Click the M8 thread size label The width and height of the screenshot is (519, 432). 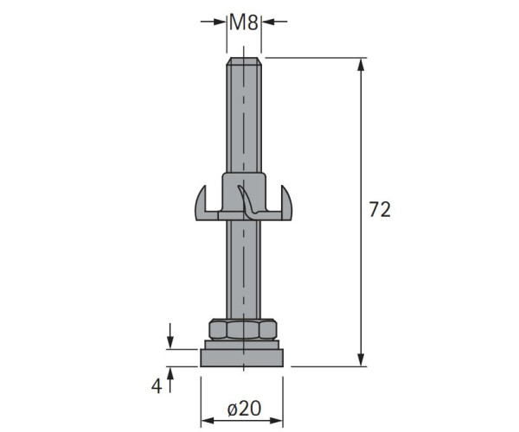click(x=244, y=22)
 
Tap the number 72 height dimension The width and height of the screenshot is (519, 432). click(x=380, y=209)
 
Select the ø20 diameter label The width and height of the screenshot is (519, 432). click(x=244, y=409)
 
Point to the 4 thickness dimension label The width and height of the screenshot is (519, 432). click(x=157, y=385)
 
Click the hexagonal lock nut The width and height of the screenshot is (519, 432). click(x=243, y=329)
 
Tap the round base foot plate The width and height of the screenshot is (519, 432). click(x=242, y=358)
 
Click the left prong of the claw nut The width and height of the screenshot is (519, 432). click(x=201, y=203)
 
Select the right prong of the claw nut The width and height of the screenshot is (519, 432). click(x=286, y=203)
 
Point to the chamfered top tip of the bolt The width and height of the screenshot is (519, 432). click(x=244, y=61)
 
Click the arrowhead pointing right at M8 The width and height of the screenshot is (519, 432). click(x=220, y=22)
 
